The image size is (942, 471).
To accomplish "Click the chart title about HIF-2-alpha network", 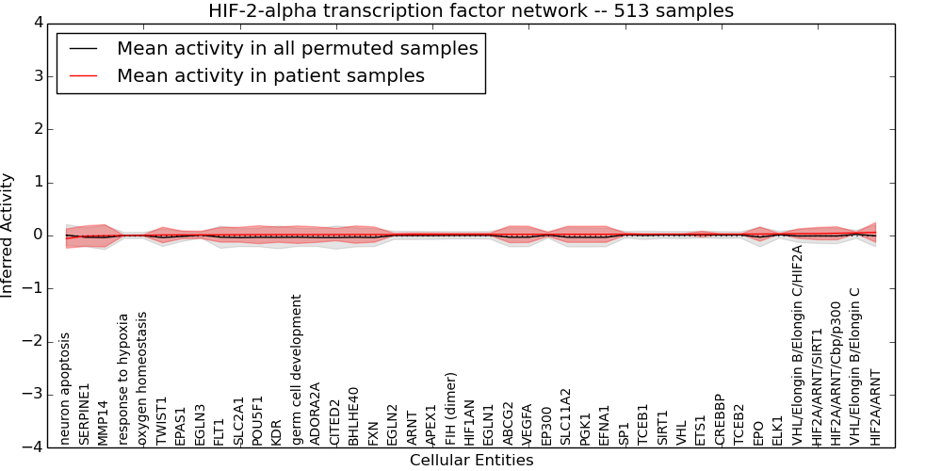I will click(x=471, y=11).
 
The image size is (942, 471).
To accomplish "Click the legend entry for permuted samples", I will click(x=297, y=48).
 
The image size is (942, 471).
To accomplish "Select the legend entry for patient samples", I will click(x=270, y=75).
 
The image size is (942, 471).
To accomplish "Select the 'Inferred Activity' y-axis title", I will click(x=8, y=235).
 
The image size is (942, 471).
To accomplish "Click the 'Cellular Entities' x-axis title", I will click(x=471, y=461).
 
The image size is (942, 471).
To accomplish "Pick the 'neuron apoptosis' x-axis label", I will click(x=65, y=388).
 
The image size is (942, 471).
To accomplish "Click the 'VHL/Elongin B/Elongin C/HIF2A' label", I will click(x=797, y=345).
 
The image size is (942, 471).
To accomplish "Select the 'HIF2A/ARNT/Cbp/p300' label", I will click(x=836, y=373).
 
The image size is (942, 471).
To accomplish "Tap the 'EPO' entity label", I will click(x=758, y=431).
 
